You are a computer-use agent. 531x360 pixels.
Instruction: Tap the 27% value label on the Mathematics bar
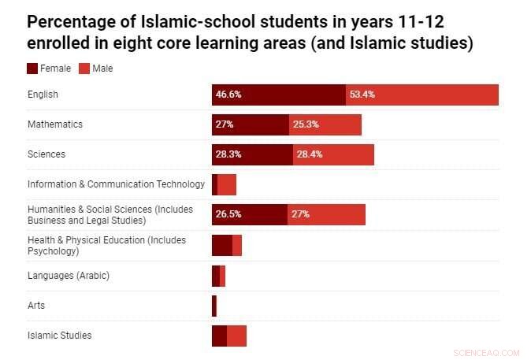[222, 124]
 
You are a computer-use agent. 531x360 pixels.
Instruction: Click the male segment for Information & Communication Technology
[227, 184]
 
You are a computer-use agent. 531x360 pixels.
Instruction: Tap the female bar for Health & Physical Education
[221, 245]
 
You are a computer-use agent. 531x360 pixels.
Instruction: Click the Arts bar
[214, 306]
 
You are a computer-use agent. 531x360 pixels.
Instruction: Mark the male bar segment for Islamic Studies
[236, 336]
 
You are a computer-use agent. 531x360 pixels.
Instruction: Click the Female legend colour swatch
[32, 69]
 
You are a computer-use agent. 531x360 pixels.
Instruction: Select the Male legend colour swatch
[84, 69]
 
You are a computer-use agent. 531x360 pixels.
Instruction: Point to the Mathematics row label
[55, 124]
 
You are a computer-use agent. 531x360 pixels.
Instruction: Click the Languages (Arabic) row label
[68, 276]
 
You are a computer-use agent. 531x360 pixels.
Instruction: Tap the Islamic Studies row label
[59, 336]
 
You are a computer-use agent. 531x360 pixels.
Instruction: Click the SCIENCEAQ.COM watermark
[488, 352]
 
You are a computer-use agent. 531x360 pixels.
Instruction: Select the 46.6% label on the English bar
[228, 95]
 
